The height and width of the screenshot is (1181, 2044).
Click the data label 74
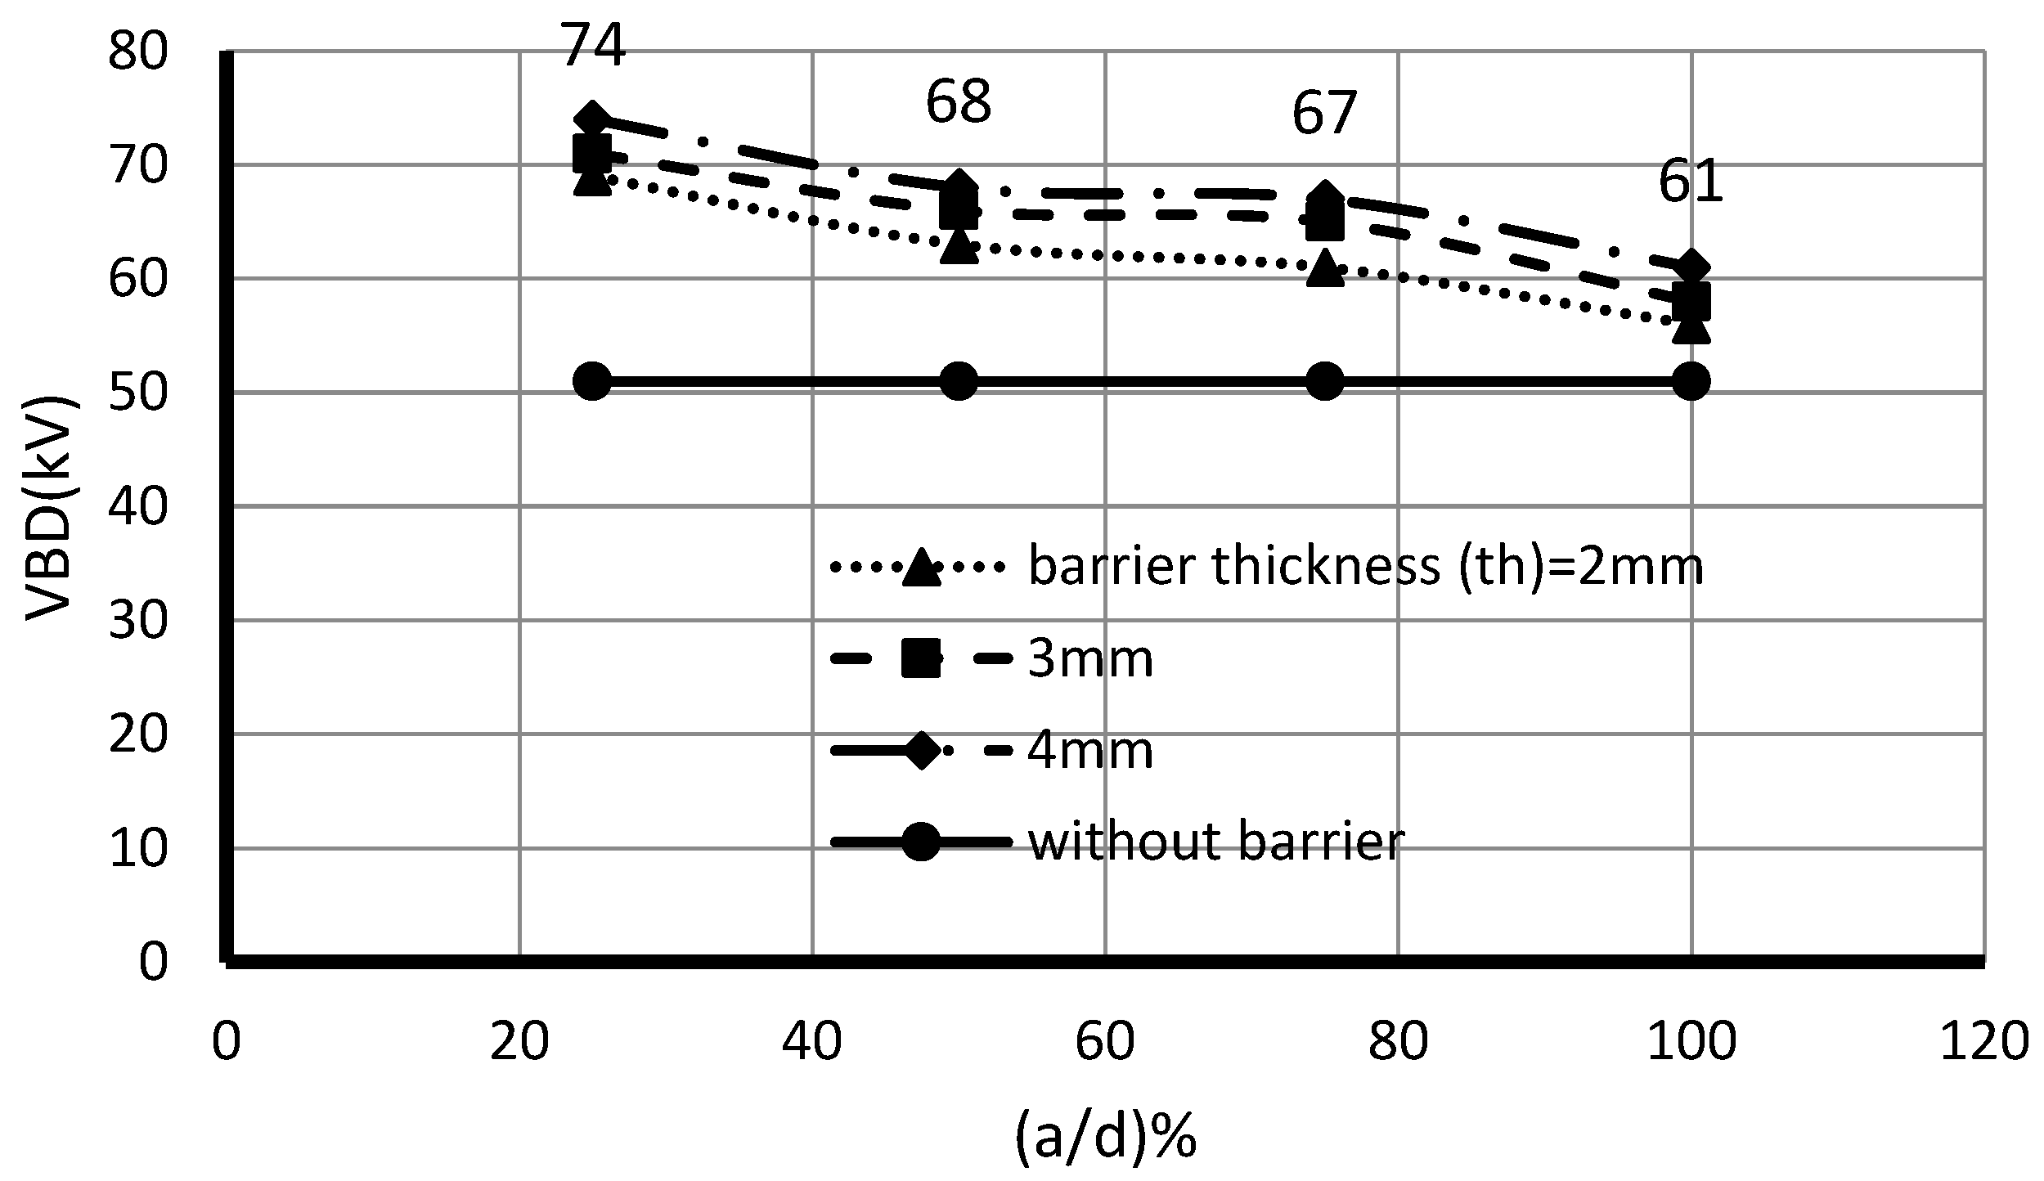pos(594,47)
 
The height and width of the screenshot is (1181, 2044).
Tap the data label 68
pos(959,103)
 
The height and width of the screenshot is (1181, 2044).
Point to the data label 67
pos(1324,113)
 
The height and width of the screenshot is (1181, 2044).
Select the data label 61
pos(1691,182)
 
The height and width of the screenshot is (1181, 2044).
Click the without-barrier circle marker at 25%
pos(593,382)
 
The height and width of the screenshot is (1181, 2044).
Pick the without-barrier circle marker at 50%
pos(959,382)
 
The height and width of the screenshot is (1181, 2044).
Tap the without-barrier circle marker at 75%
pos(1325,382)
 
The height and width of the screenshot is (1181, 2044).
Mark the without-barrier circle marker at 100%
pos(1691,382)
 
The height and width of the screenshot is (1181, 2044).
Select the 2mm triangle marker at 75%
pos(1325,268)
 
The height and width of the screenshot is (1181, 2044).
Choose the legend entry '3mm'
pos(1089,658)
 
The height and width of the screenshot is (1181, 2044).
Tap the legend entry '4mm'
pos(1089,750)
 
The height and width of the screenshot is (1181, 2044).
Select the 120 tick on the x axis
pos(1983,1043)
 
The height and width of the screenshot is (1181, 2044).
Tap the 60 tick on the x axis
pos(1105,1043)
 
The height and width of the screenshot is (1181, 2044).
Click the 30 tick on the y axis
pos(137,622)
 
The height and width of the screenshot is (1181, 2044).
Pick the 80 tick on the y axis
pos(137,53)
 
